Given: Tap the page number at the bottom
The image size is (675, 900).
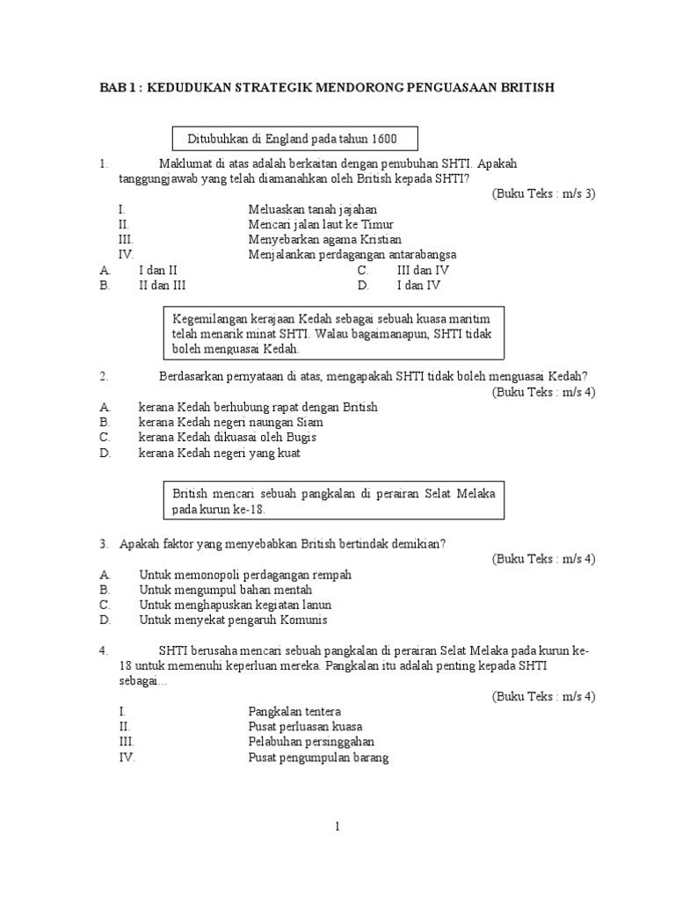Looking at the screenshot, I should (x=337, y=826).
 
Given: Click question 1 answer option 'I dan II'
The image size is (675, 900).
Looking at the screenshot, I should (x=158, y=270).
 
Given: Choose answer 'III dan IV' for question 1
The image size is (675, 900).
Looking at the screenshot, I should (x=423, y=270).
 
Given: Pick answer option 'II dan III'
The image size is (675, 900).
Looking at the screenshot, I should (x=162, y=286).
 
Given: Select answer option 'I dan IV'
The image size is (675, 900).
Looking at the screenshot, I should (x=418, y=286).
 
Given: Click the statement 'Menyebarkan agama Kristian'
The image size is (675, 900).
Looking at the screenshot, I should (x=324, y=239).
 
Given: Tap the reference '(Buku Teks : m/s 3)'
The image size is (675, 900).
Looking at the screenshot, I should (x=543, y=193).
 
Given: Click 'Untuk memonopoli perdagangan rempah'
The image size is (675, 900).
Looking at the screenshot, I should (x=245, y=575).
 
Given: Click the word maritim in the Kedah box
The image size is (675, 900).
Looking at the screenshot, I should (x=472, y=316).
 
